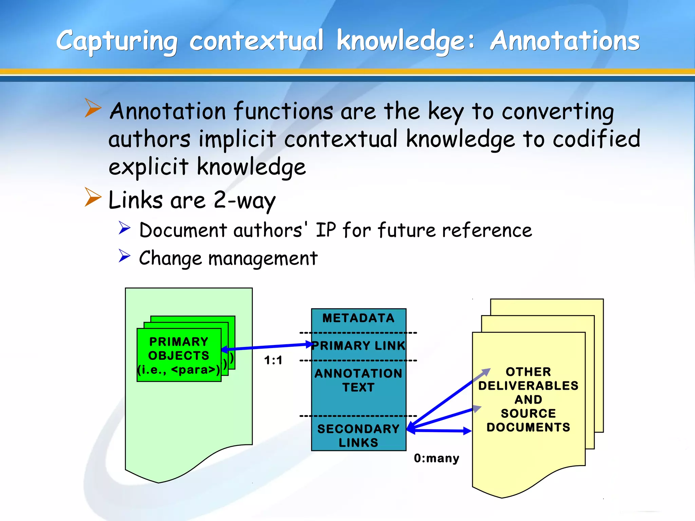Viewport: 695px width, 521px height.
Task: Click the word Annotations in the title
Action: tap(565, 41)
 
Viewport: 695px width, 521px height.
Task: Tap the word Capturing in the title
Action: tap(117, 42)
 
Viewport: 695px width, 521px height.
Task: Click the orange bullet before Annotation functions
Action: tap(93, 108)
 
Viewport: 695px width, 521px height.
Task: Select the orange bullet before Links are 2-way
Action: tap(93, 197)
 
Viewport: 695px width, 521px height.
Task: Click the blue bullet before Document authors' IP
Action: tap(125, 228)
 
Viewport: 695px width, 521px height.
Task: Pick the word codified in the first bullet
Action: tap(596, 139)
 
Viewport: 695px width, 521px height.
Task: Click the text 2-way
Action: tap(244, 200)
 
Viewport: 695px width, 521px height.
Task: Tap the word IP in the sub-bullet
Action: tap(325, 230)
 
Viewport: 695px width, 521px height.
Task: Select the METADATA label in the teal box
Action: tap(358, 318)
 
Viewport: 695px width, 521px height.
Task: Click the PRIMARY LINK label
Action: tap(359, 346)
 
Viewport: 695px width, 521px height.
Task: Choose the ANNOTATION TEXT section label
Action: tap(358, 380)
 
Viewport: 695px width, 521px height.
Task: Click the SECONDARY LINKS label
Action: tap(358, 436)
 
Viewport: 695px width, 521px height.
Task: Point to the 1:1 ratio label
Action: tap(273, 360)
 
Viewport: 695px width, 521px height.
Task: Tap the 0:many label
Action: tap(436, 458)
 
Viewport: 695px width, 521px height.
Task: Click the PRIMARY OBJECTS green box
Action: tap(179, 355)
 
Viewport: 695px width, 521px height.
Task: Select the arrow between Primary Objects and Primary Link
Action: tap(266, 347)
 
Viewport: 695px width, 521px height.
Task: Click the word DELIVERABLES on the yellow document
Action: tap(528, 386)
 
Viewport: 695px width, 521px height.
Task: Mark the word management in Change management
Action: tap(263, 258)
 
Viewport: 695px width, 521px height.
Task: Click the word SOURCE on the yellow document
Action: tap(528, 413)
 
